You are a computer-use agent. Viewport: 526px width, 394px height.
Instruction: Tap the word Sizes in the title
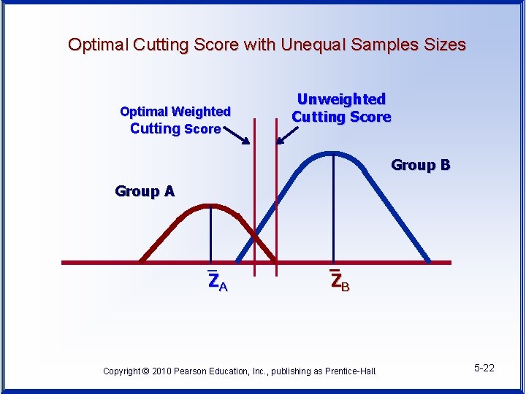445,45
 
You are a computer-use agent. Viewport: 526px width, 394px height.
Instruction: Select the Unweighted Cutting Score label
341,108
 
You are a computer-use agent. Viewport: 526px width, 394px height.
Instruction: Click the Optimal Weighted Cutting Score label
175,120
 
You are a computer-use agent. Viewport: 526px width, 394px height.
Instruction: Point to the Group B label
420,165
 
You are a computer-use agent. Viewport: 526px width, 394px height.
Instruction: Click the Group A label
145,191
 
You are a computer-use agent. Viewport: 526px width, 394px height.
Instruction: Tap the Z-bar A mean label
217,281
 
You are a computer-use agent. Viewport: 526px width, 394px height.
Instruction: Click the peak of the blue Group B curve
334,155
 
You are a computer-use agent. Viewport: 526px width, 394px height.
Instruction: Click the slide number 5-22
484,368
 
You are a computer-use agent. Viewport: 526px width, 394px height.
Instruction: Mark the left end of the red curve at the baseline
140,261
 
